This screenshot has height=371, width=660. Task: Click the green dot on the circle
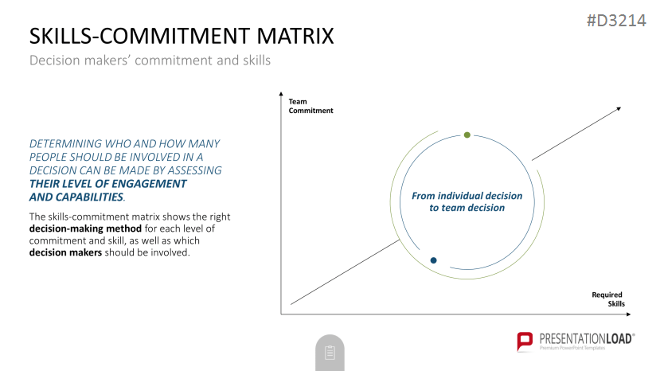(467, 135)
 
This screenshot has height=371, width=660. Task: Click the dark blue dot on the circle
(434, 260)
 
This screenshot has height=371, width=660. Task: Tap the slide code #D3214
(616, 21)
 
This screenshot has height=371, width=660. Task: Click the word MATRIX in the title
(295, 36)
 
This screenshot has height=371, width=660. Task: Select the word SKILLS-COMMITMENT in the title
(139, 36)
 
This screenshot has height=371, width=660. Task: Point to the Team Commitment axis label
(310, 106)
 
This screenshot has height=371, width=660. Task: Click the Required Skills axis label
(608, 299)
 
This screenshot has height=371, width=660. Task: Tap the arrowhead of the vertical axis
(281, 94)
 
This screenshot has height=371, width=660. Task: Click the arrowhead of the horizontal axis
(628, 314)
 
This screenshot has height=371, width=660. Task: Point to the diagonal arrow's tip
(621, 107)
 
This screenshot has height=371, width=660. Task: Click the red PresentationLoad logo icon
(525, 341)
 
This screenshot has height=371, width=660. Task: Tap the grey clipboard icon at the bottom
(330, 353)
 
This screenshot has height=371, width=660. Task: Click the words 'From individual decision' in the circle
(467, 196)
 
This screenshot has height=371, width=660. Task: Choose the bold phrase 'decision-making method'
(85, 228)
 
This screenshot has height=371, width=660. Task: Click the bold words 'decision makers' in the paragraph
(65, 252)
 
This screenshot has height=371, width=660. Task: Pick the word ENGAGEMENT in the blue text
(149, 184)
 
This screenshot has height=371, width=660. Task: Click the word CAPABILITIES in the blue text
(90, 197)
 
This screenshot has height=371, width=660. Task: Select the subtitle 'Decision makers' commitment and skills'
(150, 61)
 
